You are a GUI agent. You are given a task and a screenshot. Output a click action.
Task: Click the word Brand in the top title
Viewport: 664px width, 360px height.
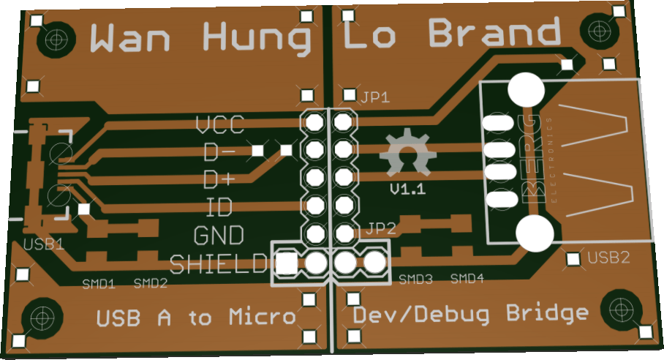(x=494, y=34)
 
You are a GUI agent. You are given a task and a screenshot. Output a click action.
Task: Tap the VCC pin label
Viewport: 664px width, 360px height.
(x=219, y=125)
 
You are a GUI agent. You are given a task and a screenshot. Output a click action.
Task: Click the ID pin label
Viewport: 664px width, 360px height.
(x=219, y=208)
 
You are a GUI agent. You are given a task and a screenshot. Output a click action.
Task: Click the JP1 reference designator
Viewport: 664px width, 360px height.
(x=374, y=97)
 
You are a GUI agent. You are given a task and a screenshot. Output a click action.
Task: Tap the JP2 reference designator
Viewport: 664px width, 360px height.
(x=381, y=228)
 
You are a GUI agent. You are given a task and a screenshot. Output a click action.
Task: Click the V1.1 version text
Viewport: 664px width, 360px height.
(x=408, y=190)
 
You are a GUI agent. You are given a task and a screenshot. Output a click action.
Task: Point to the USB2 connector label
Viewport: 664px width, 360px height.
(x=608, y=258)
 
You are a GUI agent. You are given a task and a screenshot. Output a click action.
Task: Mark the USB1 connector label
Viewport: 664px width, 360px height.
(x=43, y=244)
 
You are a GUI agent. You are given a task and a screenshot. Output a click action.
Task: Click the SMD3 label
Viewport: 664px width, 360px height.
(x=415, y=280)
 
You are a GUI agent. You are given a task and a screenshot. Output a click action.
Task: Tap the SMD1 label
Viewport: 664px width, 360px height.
(x=99, y=283)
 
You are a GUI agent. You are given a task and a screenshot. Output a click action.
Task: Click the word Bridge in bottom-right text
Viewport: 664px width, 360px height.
(x=546, y=314)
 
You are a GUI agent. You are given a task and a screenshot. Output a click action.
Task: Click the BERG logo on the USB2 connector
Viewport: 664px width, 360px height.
(x=533, y=157)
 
